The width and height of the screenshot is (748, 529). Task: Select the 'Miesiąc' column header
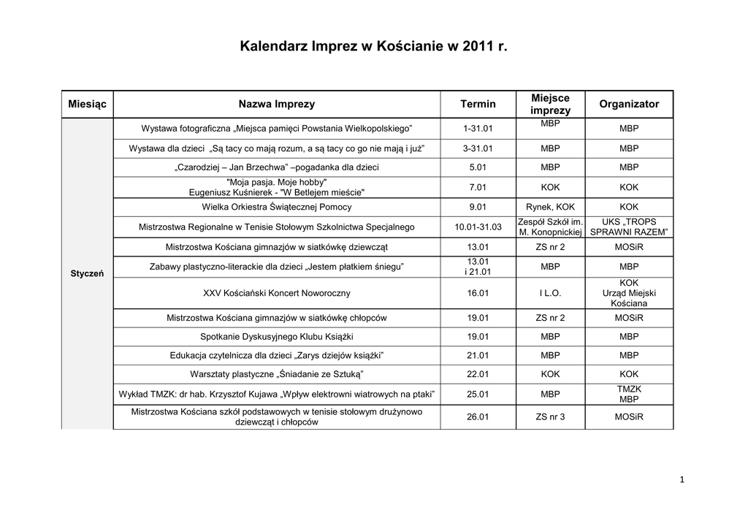(87, 104)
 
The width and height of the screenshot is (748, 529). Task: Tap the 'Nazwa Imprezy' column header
(277, 104)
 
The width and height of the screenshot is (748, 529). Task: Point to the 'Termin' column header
(478, 104)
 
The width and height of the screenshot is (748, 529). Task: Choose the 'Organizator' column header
(629, 104)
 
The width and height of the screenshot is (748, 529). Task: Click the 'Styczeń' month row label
(87, 273)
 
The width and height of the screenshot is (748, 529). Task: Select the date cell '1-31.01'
(478, 129)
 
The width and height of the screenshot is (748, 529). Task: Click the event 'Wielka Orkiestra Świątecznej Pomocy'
(277, 207)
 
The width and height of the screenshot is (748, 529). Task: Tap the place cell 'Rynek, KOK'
(551, 207)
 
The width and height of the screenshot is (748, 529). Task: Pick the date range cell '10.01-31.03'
(478, 227)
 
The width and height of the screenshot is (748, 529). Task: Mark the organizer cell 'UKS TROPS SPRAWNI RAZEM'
(629, 227)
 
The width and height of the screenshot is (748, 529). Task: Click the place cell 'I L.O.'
(551, 293)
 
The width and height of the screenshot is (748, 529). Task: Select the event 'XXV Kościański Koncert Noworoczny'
(277, 293)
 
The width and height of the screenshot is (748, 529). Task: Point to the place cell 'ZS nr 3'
(551, 417)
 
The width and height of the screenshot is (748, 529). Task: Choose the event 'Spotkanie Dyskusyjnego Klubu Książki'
(277, 337)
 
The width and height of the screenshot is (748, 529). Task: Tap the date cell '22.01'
(478, 374)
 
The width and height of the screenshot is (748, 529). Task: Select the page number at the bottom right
(681, 480)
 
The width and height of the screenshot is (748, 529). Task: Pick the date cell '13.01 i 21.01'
(478, 267)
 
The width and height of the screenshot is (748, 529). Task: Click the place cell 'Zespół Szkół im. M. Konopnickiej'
(551, 227)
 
